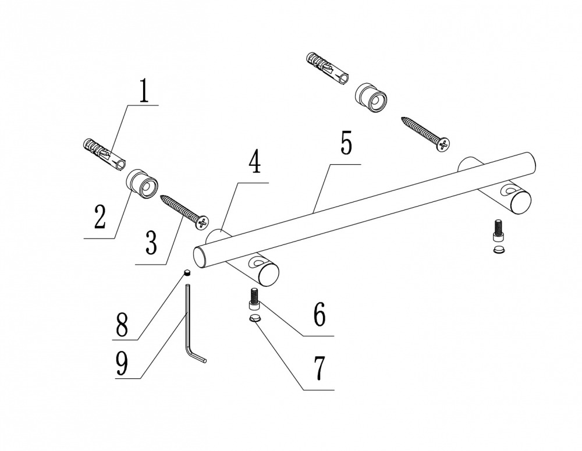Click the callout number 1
pyautogui.click(x=144, y=91)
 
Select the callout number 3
pyautogui.click(x=151, y=242)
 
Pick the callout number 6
pyautogui.click(x=320, y=315)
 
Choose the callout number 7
pyautogui.click(x=319, y=368)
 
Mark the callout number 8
pyautogui.click(x=121, y=325)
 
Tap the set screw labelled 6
pyautogui.click(x=254, y=301)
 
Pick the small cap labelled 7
pyautogui.click(x=254, y=318)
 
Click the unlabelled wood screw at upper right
pyautogui.click(x=425, y=133)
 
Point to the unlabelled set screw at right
pyautogui.click(x=498, y=229)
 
